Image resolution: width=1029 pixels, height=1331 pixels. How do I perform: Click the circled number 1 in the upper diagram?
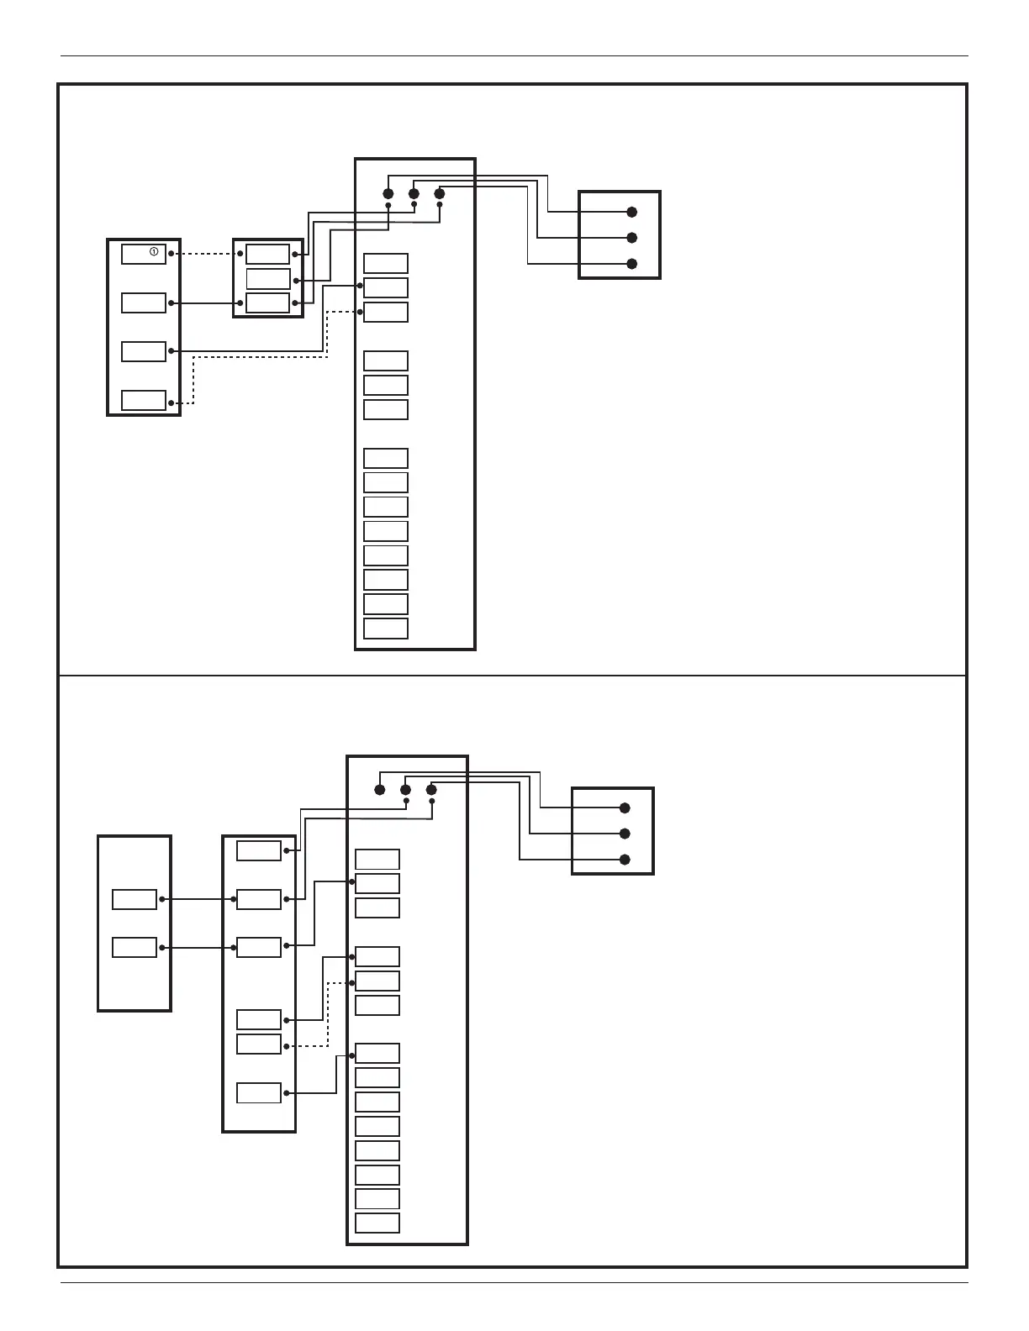[x=154, y=251]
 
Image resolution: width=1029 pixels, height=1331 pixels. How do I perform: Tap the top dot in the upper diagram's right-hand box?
[x=632, y=212]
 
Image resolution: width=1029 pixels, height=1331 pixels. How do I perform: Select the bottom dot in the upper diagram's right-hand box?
[x=632, y=264]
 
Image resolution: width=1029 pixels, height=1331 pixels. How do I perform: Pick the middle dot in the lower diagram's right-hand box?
[x=625, y=834]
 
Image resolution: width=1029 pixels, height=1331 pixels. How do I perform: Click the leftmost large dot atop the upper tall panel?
[x=388, y=194]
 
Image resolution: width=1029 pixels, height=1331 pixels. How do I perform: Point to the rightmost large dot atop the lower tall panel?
[x=431, y=790]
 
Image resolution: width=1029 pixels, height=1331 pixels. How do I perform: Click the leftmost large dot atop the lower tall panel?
[x=380, y=790]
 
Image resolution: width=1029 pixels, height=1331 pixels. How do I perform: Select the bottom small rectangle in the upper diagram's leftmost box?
[x=144, y=400]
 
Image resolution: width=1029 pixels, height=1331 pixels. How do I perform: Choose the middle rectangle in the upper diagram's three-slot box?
[x=268, y=278]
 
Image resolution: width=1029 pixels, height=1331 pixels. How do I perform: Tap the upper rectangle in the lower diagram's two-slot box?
[x=135, y=899]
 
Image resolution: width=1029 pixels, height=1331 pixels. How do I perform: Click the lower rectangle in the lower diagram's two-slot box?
[x=135, y=948]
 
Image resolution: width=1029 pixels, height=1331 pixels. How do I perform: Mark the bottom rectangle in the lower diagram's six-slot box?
[x=259, y=1093]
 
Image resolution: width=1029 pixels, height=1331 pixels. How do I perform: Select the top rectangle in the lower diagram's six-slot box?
[x=259, y=850]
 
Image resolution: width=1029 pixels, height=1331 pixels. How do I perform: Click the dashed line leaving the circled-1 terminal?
[x=206, y=253]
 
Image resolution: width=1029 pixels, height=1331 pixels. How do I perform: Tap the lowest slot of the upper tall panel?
[x=386, y=629]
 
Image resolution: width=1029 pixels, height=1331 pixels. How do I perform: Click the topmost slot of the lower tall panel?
[x=377, y=859]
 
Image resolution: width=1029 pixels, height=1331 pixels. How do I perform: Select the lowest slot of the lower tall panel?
[x=377, y=1223]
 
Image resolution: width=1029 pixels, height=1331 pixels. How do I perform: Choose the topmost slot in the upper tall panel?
[x=386, y=263]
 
